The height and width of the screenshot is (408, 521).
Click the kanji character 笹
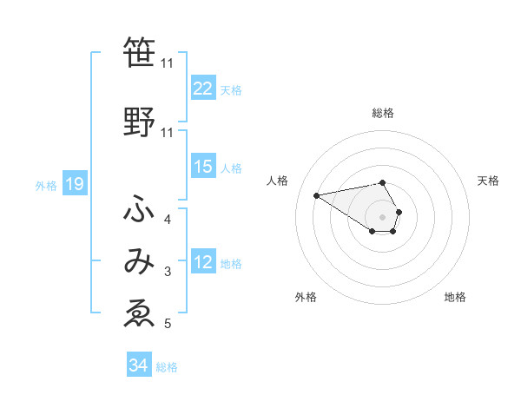point(139,52)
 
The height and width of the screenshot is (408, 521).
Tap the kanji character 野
point(139,122)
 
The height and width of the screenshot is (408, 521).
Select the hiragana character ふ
point(139,209)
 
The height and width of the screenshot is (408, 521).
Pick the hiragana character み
point(139,262)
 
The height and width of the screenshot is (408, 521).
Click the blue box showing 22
point(203,89)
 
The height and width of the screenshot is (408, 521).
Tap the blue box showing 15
point(203,168)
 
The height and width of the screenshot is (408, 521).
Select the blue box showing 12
point(203,263)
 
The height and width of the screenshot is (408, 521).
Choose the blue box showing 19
point(74,184)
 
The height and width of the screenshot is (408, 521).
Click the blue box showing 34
point(138,366)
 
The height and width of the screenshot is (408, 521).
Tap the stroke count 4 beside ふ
point(168,219)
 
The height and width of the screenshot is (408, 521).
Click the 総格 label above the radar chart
point(383,113)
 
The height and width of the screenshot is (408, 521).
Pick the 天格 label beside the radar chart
point(488,181)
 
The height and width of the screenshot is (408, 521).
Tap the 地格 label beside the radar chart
point(455,298)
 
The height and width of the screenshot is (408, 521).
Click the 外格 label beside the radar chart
point(306,298)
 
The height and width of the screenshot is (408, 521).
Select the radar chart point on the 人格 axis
point(317,195)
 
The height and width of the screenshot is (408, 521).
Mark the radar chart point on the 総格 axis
point(383,182)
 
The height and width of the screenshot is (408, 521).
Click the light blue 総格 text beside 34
point(167,367)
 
